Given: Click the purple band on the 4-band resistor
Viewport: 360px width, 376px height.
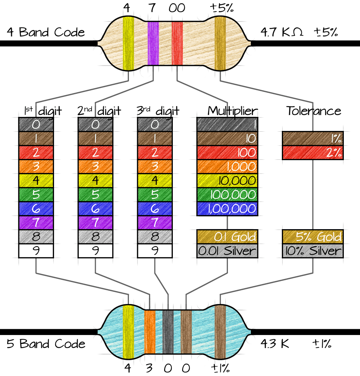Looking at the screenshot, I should coord(153,43).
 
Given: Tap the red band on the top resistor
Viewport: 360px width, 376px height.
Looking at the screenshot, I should coord(177,43).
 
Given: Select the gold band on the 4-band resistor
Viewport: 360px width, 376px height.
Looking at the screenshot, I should coord(220,43).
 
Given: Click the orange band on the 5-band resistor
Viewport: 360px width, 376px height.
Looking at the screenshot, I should coord(149,331).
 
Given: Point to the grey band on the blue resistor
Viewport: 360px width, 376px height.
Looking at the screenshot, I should coord(168,331).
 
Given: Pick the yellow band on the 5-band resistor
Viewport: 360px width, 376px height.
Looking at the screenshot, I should coord(128,331).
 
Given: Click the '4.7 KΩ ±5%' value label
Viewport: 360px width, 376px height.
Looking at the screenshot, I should coord(299,32).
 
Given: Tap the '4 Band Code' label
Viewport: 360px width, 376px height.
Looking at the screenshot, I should coord(46,32).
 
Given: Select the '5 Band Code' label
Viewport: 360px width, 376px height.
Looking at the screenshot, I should coord(46,344).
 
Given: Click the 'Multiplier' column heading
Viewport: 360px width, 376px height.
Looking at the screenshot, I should coord(233,111).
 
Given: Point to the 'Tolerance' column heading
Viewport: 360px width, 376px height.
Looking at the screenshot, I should coord(314,111).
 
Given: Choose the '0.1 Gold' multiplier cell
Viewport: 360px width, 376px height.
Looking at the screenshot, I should coord(227,236).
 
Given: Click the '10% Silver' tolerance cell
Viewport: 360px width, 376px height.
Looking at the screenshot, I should coord(312,250).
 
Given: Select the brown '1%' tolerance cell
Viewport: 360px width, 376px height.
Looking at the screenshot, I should coord(312,138).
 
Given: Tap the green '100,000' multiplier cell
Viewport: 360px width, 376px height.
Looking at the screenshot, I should coord(227,194).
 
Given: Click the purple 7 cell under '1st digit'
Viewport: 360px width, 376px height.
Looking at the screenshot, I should coord(36,222).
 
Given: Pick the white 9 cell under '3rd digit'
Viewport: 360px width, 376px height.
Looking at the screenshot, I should coord(155,251).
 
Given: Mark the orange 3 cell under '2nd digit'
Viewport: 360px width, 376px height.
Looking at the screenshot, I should coord(95,166).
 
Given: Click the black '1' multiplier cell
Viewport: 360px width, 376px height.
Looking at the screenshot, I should coord(227,124).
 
